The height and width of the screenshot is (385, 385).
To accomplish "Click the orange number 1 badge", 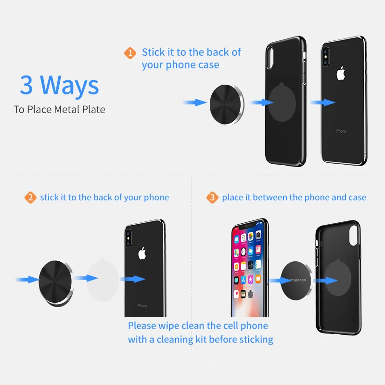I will pos(130,53).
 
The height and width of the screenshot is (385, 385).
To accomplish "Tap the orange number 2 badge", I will pos(30,197).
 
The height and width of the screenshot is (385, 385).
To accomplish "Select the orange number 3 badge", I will pos(212,197).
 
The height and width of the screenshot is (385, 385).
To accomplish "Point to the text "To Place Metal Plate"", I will pos(59,109).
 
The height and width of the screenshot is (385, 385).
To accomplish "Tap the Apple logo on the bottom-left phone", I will pos(141,254).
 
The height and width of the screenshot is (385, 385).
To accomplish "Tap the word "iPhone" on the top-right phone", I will pos(341,131).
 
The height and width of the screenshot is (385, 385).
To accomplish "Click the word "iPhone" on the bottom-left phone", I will pos(142,306).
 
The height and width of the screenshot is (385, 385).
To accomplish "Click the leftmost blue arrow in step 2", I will pos(26,279).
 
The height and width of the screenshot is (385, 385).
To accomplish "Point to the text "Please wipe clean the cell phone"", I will pos(198,326).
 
